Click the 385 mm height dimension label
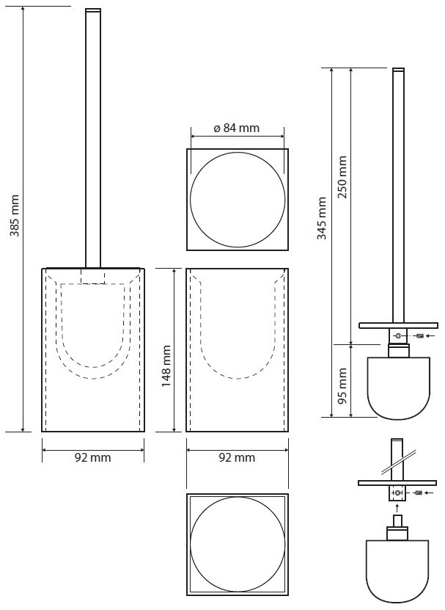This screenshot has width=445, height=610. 15,216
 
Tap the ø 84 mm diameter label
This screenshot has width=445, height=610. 236,128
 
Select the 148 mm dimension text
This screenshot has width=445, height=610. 166,366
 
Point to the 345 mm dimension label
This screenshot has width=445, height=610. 322,218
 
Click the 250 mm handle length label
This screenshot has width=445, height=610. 342,177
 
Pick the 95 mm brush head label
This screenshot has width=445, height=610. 342,386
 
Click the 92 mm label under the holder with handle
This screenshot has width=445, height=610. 93,457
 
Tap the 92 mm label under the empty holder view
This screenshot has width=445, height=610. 237,457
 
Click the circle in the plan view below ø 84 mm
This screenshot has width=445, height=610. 191,200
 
